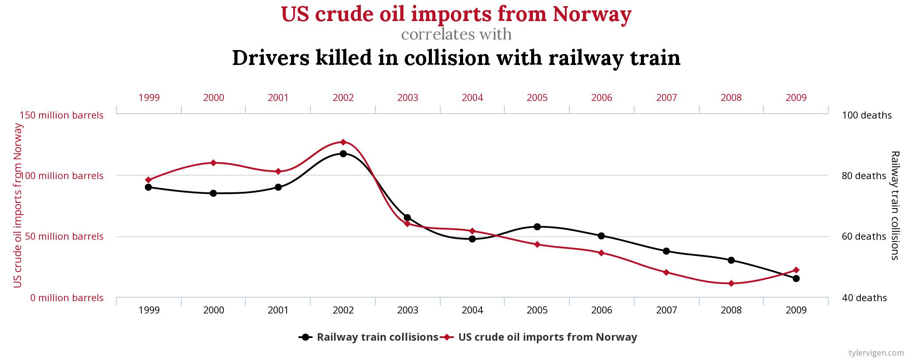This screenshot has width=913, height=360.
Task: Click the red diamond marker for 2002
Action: click(x=343, y=142)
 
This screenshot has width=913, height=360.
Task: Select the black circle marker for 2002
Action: click(x=343, y=154)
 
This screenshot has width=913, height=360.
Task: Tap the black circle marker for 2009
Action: click(x=796, y=278)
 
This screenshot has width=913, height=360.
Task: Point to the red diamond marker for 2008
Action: click(x=731, y=284)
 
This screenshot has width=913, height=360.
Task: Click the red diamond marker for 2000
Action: click(x=213, y=163)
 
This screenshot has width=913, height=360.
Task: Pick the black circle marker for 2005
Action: click(x=537, y=227)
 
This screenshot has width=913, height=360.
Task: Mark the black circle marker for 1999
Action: click(x=148, y=187)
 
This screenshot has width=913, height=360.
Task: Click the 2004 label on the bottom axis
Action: click(x=472, y=310)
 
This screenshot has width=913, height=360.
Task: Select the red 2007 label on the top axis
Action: click(x=666, y=97)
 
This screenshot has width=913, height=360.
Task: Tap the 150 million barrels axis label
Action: click(x=62, y=115)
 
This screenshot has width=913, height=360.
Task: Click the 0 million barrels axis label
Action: click(x=67, y=298)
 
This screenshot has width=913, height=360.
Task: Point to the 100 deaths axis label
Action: click(x=866, y=115)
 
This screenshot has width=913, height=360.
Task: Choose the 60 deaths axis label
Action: click(x=864, y=236)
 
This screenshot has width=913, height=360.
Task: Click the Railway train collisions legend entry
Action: click(x=377, y=337)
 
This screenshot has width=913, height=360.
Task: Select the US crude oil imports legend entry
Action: click(x=547, y=337)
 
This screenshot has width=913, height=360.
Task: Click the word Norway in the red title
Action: click(x=592, y=14)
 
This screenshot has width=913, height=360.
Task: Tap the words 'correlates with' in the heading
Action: click(x=456, y=34)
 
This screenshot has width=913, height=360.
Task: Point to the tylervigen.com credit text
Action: click(x=876, y=353)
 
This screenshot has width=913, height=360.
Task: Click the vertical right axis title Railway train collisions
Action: click(x=895, y=205)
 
